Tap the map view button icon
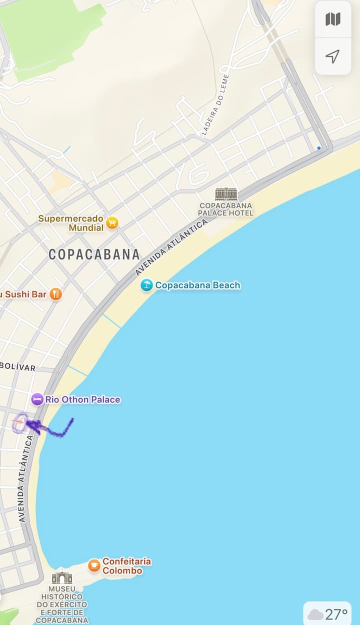pyautogui.click(x=332, y=19)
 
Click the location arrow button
pyautogui.click(x=332, y=56)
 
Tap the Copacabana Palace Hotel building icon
pyautogui.click(x=226, y=194)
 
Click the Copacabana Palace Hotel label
pyautogui.click(x=226, y=209)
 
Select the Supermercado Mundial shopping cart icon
pyautogui.click(x=112, y=222)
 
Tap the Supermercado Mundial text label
pyautogui.click(x=71, y=223)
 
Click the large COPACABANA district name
pyautogui.click(x=94, y=254)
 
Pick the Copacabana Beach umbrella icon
pyautogui.click(x=146, y=285)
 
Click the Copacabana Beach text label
pyautogui.click(x=197, y=285)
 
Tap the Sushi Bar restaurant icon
pyautogui.click(x=56, y=294)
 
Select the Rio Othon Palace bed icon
pyautogui.click(x=37, y=399)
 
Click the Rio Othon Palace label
pyautogui.click(x=82, y=399)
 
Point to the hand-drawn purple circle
pyautogui.click(x=20, y=423)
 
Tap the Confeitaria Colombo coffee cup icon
pyautogui.click(x=94, y=565)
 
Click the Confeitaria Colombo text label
pyautogui.click(x=126, y=566)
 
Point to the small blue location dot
pyautogui.click(x=319, y=148)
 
